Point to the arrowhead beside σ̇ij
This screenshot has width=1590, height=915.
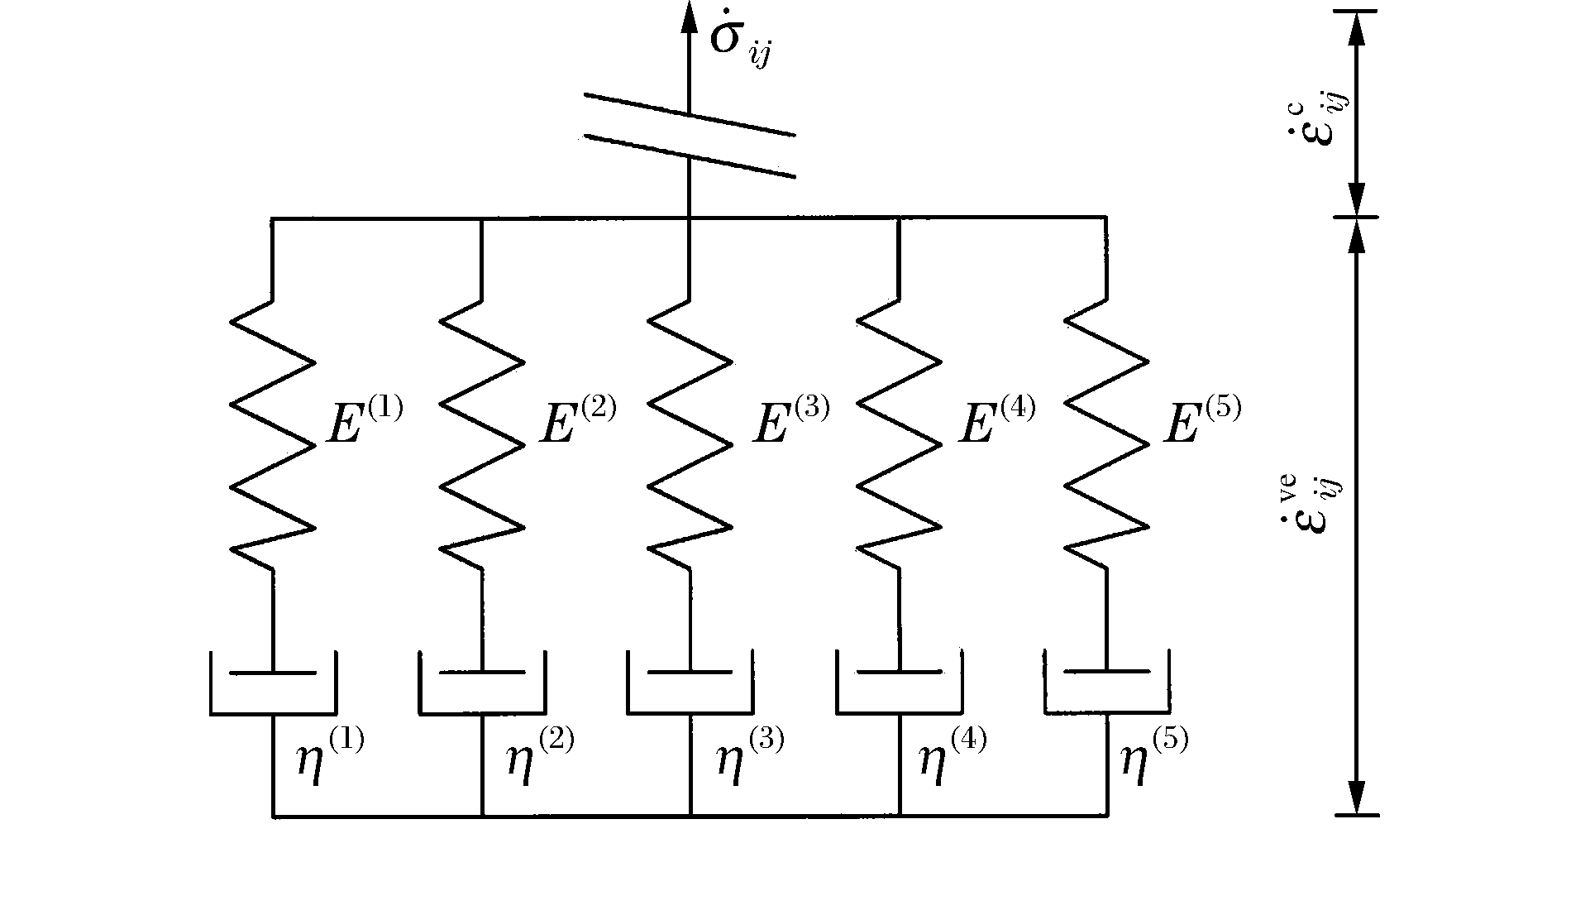689,17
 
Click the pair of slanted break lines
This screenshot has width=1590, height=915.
690,135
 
